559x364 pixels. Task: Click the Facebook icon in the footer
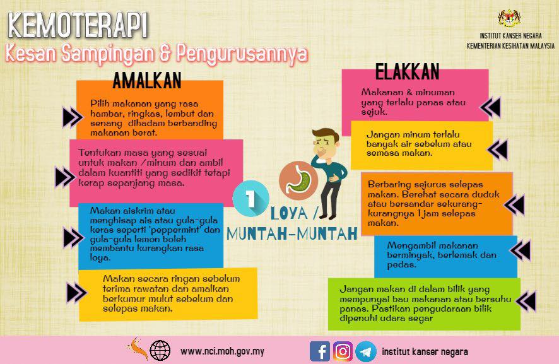(x=320, y=351)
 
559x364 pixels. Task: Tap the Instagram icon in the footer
(x=343, y=351)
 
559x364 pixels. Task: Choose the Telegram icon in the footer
(x=365, y=351)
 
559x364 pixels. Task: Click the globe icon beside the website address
(x=160, y=350)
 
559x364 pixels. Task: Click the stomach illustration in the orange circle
(x=297, y=179)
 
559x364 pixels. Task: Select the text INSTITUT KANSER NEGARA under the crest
(x=512, y=36)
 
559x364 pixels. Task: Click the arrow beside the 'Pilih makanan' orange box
(x=72, y=117)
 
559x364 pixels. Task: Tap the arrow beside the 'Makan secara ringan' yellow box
(x=76, y=292)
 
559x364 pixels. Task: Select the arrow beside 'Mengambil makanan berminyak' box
(x=521, y=250)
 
